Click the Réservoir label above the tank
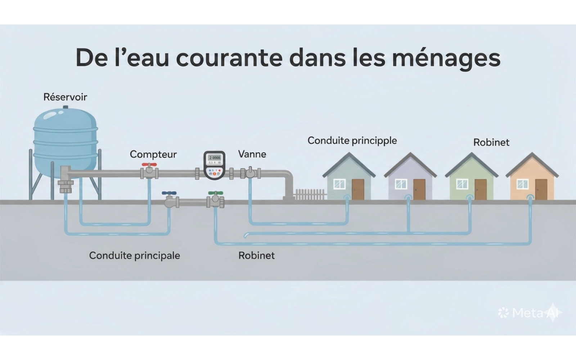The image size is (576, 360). pyautogui.click(x=65, y=97)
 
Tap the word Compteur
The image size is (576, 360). pyautogui.click(x=153, y=154)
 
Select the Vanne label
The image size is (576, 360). pyautogui.click(x=252, y=154)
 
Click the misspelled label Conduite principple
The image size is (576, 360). pyautogui.click(x=352, y=141)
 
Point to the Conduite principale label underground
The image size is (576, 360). pyautogui.click(x=135, y=256)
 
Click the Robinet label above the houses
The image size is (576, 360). pyautogui.click(x=491, y=143)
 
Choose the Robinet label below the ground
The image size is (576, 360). pyautogui.click(x=256, y=256)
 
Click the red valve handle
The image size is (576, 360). pyautogui.click(x=149, y=165)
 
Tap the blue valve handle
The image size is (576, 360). pyautogui.click(x=169, y=193)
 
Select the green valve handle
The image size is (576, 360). pyautogui.click(x=216, y=193)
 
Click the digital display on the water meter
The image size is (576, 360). pyautogui.click(x=215, y=158)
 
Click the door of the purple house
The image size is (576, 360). pyautogui.click(x=419, y=189)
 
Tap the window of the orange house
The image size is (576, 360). pyautogui.click(x=522, y=184)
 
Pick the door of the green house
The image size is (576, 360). pyautogui.click(x=481, y=189)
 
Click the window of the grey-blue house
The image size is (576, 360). pyautogui.click(x=339, y=184)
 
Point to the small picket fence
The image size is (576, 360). pyautogui.click(x=310, y=194)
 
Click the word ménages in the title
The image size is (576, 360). pyautogui.click(x=446, y=59)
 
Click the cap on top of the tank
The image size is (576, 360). pyautogui.click(x=66, y=107)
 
